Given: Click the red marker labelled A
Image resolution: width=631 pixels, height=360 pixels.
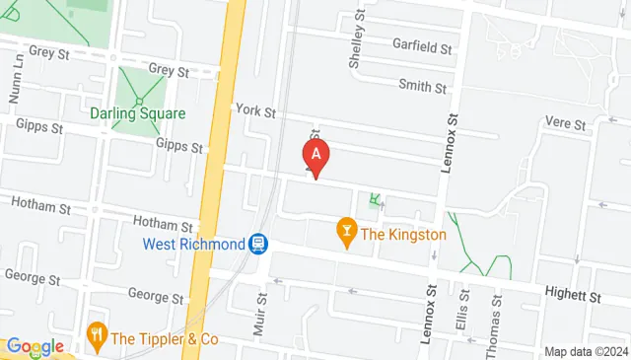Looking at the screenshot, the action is coord(315,156).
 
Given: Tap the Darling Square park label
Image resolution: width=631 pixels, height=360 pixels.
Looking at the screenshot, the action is coord(137,113).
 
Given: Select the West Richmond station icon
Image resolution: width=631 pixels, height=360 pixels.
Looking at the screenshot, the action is coord(258,243).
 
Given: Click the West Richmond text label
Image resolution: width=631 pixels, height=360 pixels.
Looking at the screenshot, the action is coord(194,243).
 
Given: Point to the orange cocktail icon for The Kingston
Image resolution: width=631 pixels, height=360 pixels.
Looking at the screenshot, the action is coord(346,234).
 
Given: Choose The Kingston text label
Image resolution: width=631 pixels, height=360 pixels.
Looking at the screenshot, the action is coord(403,235).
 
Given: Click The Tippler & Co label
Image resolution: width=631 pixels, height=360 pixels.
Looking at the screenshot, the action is coord(164,338).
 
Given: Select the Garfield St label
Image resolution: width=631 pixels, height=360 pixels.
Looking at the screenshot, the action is coord(422,46).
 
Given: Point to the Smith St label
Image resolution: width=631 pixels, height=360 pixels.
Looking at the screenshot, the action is coord(422,86).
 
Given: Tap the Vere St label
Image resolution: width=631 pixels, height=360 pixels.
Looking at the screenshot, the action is coord(566,122).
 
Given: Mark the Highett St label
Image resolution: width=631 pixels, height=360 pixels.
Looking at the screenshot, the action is coord(575,295).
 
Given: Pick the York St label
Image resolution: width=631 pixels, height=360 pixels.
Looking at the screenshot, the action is coord(255,111).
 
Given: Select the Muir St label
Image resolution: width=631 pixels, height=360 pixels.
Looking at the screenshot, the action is coord(262,314).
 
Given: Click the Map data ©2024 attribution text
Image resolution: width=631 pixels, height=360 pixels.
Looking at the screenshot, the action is coord(586,351).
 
